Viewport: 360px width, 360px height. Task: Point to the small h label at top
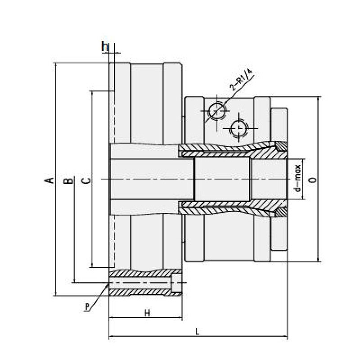pyautogui.click(x=104, y=45)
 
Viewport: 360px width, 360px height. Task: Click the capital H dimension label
pyautogui.click(x=147, y=313)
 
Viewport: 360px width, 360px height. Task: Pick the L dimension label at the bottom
pyautogui.click(x=198, y=332)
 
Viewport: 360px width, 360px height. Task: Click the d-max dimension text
pyautogui.click(x=297, y=179)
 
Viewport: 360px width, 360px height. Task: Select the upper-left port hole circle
pyautogui.click(x=216, y=110)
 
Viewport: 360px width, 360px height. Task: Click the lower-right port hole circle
pyautogui.click(x=238, y=129)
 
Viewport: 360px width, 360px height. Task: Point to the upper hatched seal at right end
pyautogui.click(x=281, y=146)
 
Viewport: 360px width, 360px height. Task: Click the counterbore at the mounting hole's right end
pyautogui.click(x=177, y=284)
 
